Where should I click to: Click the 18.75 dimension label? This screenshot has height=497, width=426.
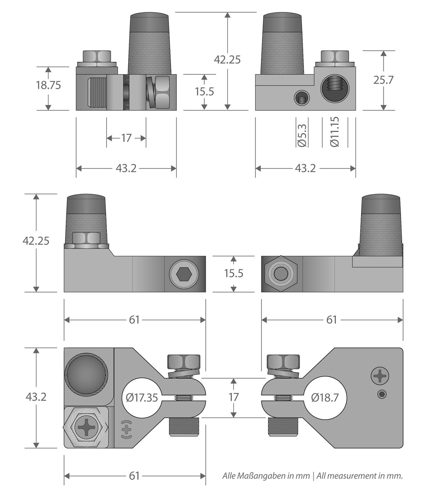[48, 85]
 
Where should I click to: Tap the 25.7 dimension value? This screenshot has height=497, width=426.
[383, 80]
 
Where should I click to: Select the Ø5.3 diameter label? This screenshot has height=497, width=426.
[302, 135]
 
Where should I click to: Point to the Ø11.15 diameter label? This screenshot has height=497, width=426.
[335, 132]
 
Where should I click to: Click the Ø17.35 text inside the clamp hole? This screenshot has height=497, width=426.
[142, 398]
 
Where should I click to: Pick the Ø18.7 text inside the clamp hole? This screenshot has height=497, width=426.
[325, 398]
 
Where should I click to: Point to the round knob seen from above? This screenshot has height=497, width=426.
[86, 375]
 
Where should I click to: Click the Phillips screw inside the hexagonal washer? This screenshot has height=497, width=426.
[86, 427]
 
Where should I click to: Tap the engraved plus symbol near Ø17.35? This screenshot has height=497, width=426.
[126, 430]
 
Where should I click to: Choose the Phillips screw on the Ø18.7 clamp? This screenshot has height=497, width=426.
[380, 376]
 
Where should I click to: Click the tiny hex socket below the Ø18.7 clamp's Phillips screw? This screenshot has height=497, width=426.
[382, 394]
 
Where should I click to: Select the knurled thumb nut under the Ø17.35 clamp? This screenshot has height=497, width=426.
[184, 427]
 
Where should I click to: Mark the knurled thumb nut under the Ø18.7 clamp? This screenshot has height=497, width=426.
[283, 427]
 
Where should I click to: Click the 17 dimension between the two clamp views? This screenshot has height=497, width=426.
[233, 397]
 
